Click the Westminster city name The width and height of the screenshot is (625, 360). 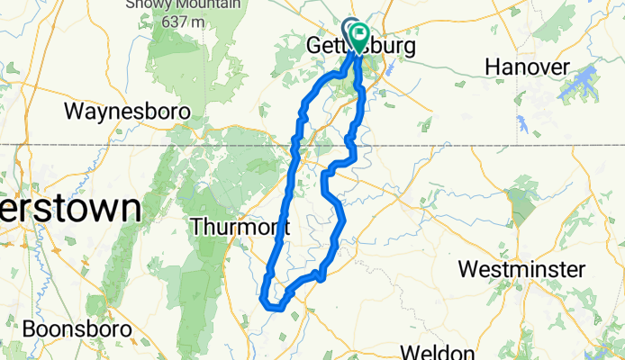tap(521, 269)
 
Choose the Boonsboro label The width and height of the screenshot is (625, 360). tap(77, 329)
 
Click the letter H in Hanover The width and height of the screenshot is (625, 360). tap(492, 67)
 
